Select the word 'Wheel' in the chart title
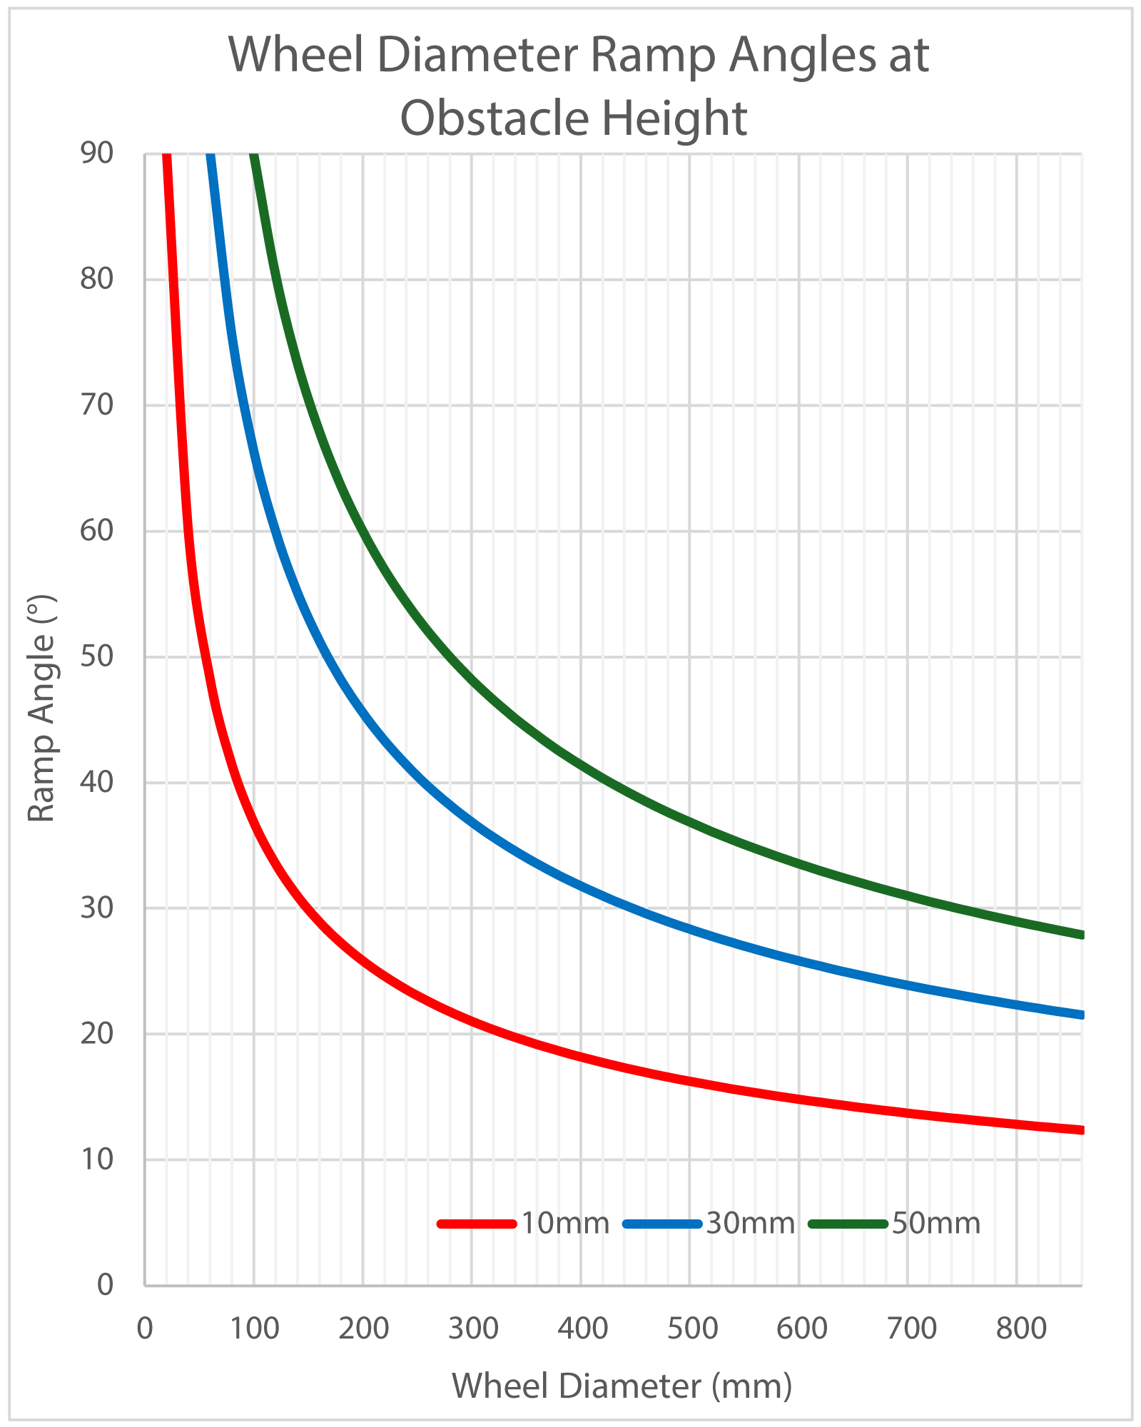295,56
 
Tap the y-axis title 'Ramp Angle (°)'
41,709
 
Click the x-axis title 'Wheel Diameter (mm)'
622,1386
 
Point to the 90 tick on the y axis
97,153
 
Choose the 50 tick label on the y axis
97,656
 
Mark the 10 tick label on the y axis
97,1159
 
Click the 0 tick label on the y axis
105,1284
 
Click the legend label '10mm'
565,1223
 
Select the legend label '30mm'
751,1223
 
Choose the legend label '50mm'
936,1223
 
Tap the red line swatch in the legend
477,1223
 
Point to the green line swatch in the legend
848,1223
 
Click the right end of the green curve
1080,935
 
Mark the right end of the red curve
1080,1129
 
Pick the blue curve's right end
1080,1015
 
